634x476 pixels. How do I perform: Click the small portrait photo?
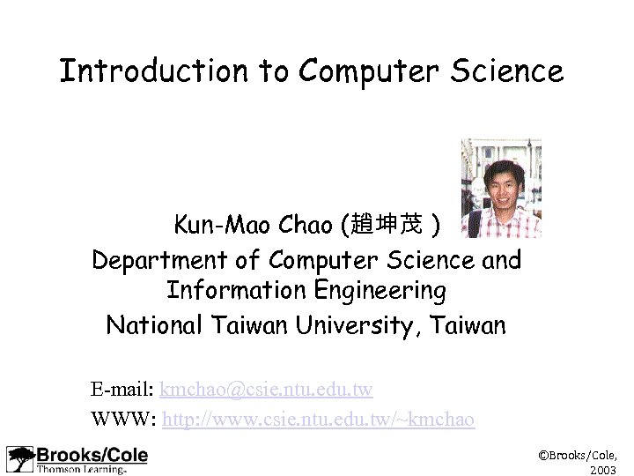(x=501, y=188)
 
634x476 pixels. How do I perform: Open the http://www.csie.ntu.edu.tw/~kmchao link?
(x=318, y=419)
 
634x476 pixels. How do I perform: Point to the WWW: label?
(x=123, y=419)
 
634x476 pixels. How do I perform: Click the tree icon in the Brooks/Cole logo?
(x=19, y=459)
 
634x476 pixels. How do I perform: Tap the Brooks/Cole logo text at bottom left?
(x=92, y=455)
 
